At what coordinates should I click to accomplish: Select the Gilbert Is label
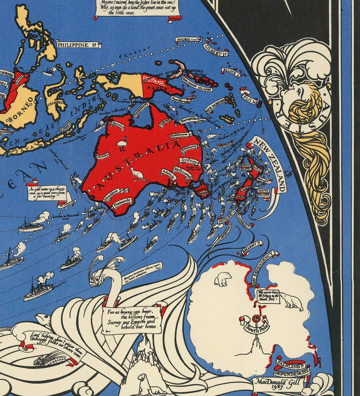click(x=216, y=50)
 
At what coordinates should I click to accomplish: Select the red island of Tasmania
click(x=201, y=189)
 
